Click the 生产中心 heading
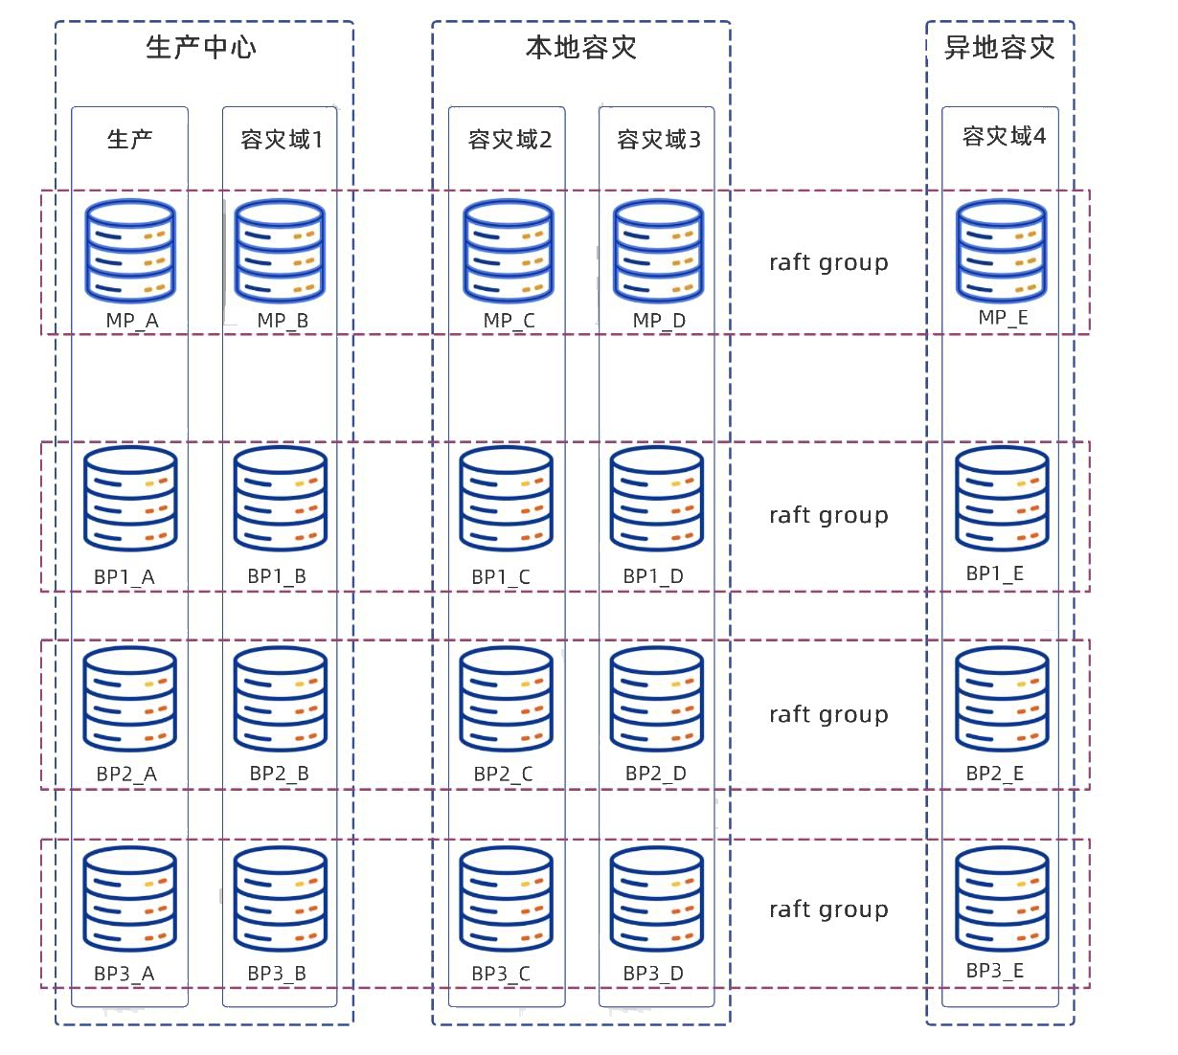200,48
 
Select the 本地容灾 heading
581,48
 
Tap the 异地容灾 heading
999,48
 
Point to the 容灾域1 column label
282,140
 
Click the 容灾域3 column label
659,140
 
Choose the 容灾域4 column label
1004,136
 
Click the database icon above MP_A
130,251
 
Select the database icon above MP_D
658,251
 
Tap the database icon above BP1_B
281,499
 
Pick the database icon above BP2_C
506,699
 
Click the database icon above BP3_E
1002,899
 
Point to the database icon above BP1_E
1002,499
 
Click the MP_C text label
509,321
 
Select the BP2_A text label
126,774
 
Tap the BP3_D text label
653,973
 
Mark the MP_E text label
1003,318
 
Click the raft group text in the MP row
828,262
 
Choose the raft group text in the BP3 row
828,909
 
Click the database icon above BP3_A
129,899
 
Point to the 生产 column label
129,140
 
